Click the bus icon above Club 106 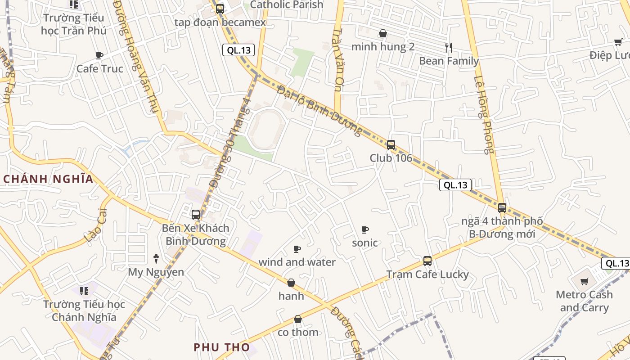391,145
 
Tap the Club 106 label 391,158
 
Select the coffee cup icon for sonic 365,230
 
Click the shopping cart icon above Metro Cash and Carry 584,282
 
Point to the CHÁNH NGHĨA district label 48,179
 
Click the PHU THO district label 221,347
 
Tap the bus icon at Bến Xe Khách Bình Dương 196,215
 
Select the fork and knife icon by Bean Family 448,47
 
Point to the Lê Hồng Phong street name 484,115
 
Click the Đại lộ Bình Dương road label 319,111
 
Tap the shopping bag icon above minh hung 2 383,33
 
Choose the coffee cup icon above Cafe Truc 99,55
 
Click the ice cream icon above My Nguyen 156,258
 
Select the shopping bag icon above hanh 291,283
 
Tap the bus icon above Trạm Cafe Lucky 427,261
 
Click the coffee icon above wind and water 297,249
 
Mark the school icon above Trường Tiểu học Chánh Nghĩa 84,291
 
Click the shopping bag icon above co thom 297,319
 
